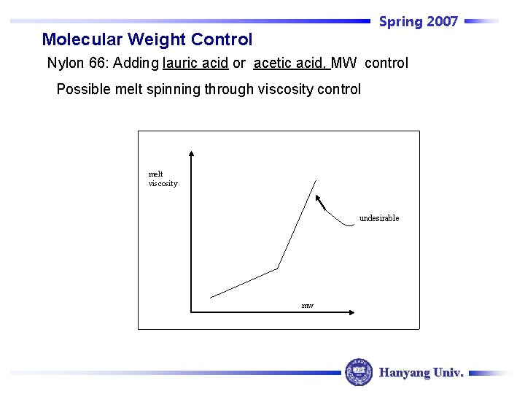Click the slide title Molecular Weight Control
point(147,39)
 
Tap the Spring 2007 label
point(418,21)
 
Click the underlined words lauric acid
point(195,63)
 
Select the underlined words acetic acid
point(291,63)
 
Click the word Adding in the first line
point(136,63)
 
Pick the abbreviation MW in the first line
point(344,63)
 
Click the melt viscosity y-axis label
point(163,179)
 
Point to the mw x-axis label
point(308,305)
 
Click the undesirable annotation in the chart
point(379,218)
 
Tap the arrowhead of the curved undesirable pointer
point(318,198)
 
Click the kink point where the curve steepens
point(278,269)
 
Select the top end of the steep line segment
point(316,179)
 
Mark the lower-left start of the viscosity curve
point(211,297)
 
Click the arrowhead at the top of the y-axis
point(191,154)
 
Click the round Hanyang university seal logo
point(358,372)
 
